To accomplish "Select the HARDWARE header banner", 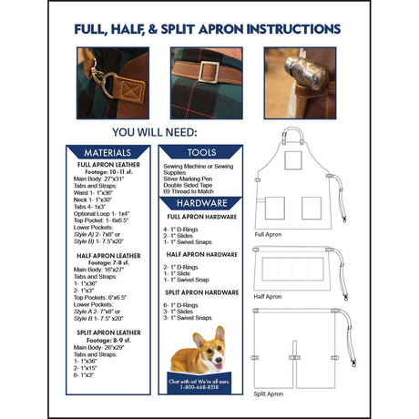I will click(202, 203).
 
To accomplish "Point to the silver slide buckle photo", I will click(206, 83).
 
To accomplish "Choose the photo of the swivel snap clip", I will click(113, 83).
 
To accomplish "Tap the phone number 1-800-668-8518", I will click(202, 386).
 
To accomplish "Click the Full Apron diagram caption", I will click(271, 235).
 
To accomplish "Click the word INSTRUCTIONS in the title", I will click(281, 29).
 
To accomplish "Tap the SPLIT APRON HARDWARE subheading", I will click(201, 292).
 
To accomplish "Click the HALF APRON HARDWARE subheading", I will click(201, 255).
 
